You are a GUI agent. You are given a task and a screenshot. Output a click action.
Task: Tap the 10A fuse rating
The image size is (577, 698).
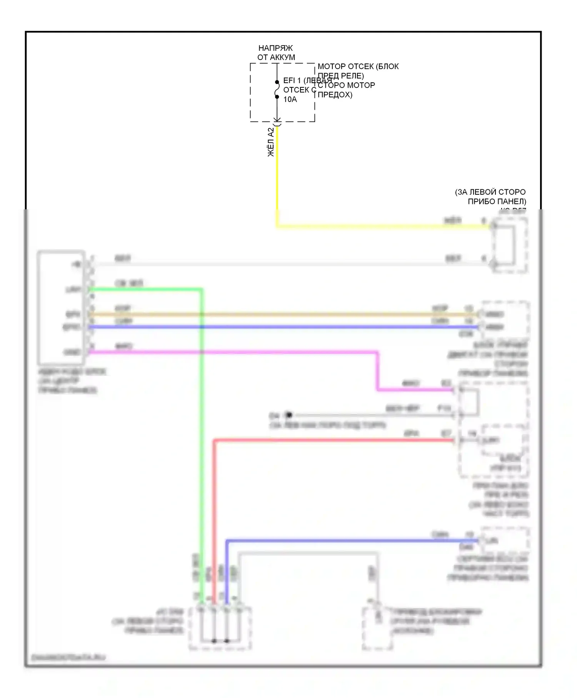290,99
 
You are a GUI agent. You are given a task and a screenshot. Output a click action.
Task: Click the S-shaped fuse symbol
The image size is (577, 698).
277,90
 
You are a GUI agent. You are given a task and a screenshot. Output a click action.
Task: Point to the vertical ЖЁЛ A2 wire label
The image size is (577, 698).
271,142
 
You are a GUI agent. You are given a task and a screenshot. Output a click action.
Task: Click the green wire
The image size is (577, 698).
201,423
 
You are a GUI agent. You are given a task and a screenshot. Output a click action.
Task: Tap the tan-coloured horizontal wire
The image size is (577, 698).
269,314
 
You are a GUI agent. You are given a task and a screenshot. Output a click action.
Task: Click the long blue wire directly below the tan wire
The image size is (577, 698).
269,327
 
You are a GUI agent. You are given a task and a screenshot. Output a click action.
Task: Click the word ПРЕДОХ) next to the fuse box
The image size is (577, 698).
335,95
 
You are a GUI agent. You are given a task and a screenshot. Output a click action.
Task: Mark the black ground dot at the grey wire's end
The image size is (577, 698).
289,415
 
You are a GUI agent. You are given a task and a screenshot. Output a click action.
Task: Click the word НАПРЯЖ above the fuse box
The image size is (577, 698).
275,48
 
